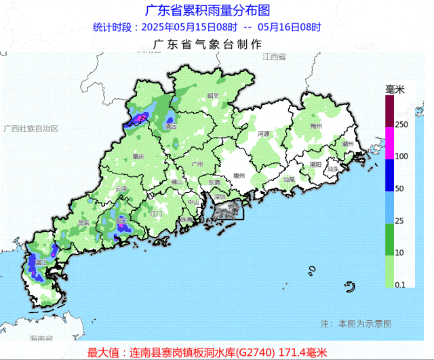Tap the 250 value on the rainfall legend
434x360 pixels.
click(x=401, y=124)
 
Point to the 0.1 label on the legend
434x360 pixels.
click(x=401, y=285)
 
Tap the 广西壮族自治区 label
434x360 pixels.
click(x=31, y=128)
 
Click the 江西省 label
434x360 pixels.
click(x=275, y=57)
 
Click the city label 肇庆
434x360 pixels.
click(x=139, y=156)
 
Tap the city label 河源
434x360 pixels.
click(x=263, y=134)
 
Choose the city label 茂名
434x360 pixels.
click(x=83, y=222)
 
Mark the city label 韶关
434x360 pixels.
click(x=213, y=96)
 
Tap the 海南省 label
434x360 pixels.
click(x=41, y=338)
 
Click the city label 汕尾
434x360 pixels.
click(x=289, y=180)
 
